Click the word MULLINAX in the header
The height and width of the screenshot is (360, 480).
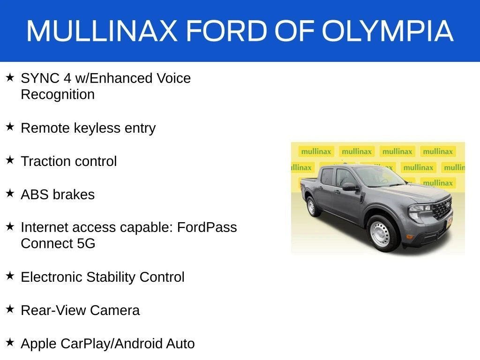(x=102, y=30)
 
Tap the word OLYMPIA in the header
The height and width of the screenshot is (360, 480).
(x=388, y=30)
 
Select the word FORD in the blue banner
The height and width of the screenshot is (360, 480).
(x=227, y=30)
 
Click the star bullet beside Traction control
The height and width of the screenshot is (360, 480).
(x=10, y=160)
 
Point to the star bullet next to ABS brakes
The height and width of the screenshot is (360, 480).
(x=10, y=193)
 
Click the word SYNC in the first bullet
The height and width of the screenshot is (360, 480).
(x=40, y=78)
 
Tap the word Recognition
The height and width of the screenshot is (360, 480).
(x=58, y=95)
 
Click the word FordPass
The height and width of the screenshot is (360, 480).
(x=207, y=227)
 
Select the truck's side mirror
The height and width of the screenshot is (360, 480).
(x=350, y=187)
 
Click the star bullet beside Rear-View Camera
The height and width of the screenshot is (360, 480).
(x=10, y=309)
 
